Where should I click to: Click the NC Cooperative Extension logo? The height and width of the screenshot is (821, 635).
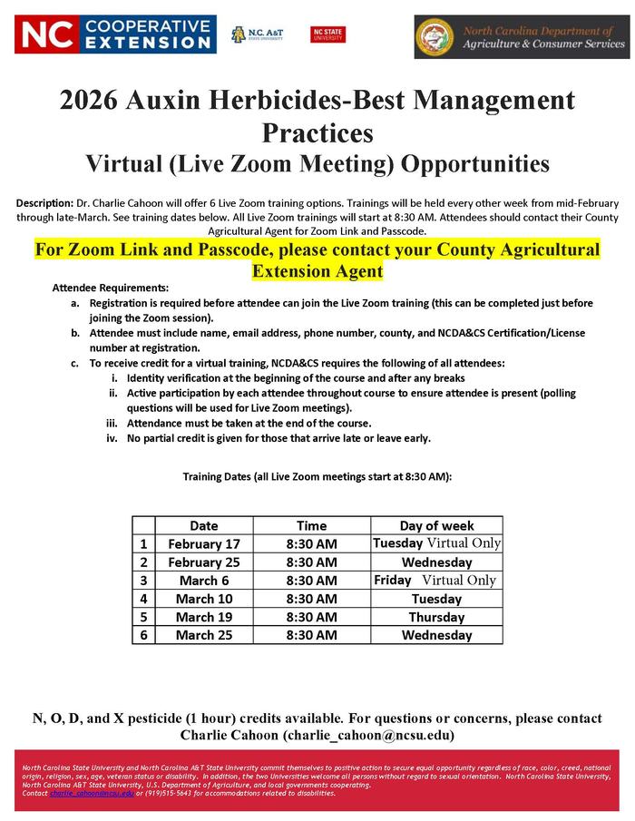116,34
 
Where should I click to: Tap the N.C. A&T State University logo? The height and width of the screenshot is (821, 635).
257,34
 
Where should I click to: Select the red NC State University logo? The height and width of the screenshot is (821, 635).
327,34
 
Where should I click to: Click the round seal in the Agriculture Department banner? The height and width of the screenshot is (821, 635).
435,37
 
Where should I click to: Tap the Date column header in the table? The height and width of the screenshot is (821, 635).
204,525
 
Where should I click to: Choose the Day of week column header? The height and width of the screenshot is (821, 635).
436,525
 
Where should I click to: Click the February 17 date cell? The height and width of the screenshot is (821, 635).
204,543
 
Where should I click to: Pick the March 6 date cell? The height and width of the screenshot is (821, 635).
204,581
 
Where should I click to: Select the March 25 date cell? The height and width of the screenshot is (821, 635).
204,635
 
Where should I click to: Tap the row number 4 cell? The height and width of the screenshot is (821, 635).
143,599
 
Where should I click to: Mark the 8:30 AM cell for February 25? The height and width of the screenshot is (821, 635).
311,562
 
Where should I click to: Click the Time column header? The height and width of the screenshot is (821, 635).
311,525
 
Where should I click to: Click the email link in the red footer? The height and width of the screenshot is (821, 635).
92,793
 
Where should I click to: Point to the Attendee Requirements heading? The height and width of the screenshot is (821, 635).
111,287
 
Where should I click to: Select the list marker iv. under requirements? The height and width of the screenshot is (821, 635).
112,438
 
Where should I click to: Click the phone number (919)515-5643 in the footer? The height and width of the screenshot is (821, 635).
169,793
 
